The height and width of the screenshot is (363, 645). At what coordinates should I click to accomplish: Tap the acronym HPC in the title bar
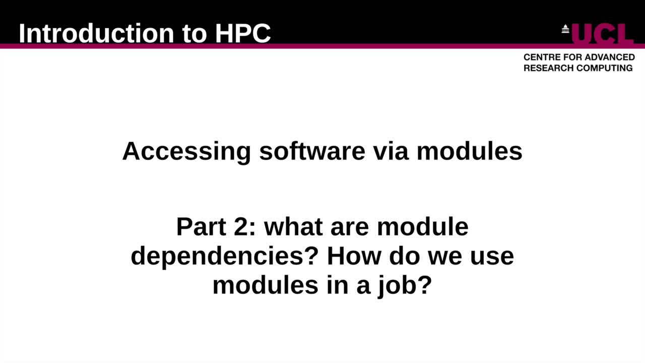point(243,33)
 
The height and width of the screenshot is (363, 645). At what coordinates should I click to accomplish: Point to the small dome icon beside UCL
point(565,29)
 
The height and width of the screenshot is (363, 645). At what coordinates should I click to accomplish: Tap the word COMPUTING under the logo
point(605,68)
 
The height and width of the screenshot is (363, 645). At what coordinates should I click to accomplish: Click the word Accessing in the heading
point(186,151)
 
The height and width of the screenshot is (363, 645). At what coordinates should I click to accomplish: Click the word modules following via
point(469,151)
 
